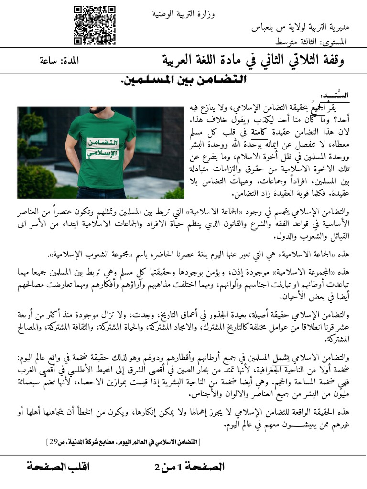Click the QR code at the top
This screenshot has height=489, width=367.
95,25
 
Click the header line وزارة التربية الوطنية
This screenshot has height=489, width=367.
183,14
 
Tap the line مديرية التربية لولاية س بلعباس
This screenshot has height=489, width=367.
300,28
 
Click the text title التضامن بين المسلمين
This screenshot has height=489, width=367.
183,80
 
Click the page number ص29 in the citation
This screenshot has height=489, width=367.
54,442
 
